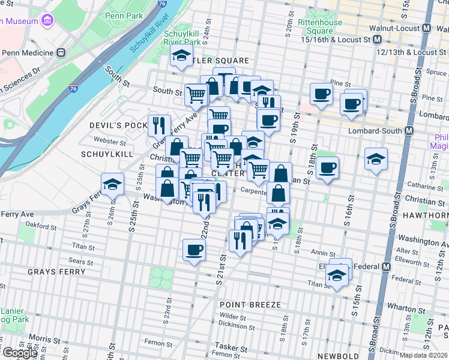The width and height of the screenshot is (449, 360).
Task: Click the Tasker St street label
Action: (232, 348)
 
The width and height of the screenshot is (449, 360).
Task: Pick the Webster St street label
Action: (110, 142)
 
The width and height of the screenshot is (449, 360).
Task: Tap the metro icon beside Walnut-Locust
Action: (426, 28)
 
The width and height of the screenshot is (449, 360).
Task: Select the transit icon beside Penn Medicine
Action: (61, 52)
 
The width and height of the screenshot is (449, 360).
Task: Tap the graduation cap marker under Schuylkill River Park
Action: (181, 58)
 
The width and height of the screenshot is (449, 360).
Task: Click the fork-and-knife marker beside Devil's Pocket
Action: (159, 125)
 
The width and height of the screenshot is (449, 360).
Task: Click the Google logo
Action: (20, 353)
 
